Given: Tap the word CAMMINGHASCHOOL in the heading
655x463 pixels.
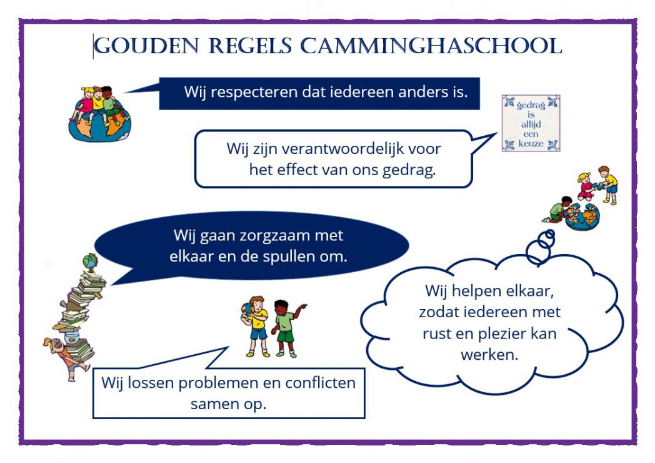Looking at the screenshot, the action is click(x=431, y=46).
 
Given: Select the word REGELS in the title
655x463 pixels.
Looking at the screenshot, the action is click(x=250, y=46).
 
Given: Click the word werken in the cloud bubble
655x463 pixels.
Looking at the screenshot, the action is click(x=489, y=355).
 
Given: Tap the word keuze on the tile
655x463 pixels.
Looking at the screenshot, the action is click(x=531, y=143).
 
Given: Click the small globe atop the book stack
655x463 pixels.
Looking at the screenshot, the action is click(x=90, y=262).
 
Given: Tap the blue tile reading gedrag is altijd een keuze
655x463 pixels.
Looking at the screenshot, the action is click(x=531, y=123).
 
